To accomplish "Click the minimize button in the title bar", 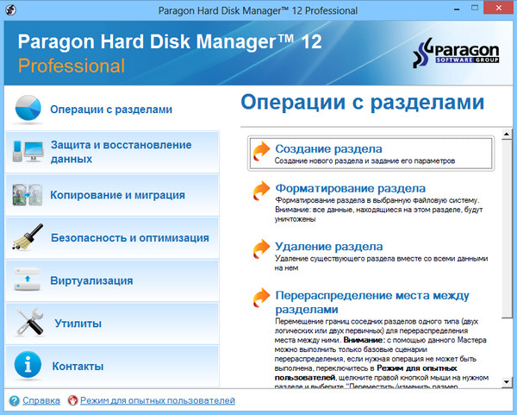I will [x=452, y=9].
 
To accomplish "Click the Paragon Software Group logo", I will [x=460, y=53].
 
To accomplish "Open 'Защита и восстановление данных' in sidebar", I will [x=121, y=152].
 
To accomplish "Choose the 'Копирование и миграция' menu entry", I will [x=117, y=195].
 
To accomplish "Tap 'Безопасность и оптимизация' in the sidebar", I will [x=129, y=237].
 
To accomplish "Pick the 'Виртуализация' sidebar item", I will [x=91, y=280].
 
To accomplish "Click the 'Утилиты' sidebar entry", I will [x=78, y=324].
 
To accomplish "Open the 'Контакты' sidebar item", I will [x=78, y=366].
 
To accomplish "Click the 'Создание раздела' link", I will [x=328, y=149].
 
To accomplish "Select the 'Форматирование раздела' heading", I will [x=350, y=188].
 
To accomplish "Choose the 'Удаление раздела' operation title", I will [x=328, y=246].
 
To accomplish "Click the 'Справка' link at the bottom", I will [x=40, y=400].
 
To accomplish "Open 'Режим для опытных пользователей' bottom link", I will [x=158, y=400].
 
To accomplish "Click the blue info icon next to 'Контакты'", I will [x=27, y=366].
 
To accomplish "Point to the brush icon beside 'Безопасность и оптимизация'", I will [x=27, y=237].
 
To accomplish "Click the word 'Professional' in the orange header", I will [x=72, y=66].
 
